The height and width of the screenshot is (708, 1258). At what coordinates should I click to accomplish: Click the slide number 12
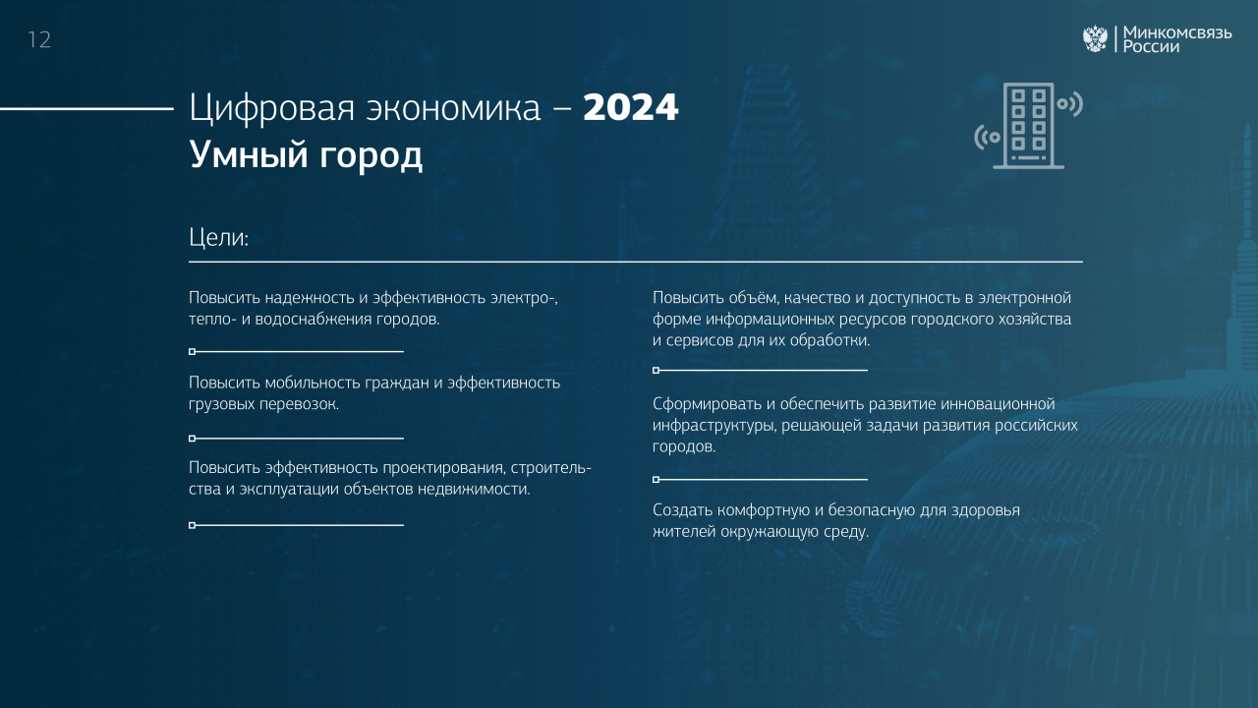(x=39, y=40)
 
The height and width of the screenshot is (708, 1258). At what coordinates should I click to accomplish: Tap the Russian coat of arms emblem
(x=1095, y=38)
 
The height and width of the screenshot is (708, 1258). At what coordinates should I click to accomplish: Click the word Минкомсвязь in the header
(x=1177, y=32)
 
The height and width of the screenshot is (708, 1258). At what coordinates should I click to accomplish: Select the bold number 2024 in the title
(x=631, y=107)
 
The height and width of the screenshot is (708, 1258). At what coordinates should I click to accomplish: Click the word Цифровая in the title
(x=272, y=108)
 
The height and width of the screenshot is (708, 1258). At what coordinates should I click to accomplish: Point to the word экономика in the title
(x=453, y=108)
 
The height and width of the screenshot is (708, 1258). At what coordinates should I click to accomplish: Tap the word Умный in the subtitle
(x=249, y=155)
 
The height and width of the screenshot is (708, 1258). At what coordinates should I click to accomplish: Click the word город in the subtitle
(x=372, y=156)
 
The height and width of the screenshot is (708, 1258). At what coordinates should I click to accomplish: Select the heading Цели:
(x=218, y=237)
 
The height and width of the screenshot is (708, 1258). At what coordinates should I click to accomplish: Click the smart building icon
(x=1028, y=126)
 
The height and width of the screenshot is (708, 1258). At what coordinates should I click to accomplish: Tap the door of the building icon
(x=1028, y=158)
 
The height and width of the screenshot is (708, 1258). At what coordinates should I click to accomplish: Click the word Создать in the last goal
(x=683, y=510)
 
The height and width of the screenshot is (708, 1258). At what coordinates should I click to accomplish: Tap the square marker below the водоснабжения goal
(x=192, y=352)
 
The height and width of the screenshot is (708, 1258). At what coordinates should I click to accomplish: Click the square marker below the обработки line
(x=656, y=371)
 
